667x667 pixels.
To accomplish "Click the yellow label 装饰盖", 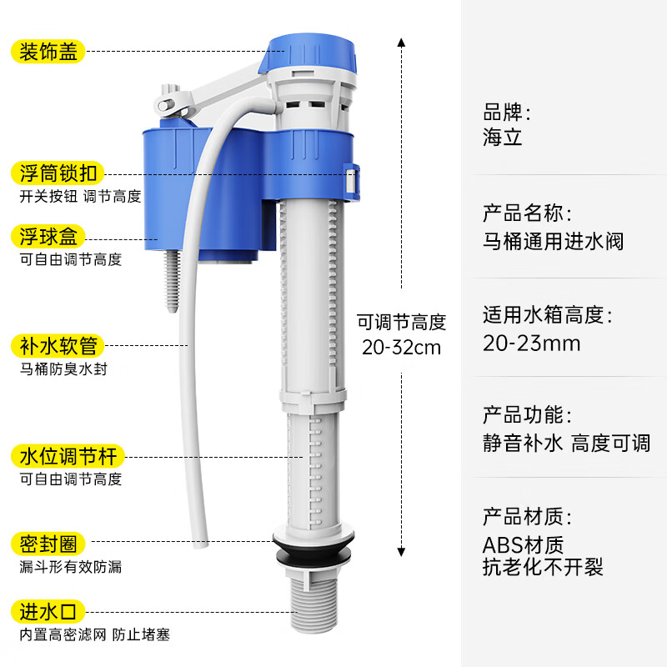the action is click(48, 52).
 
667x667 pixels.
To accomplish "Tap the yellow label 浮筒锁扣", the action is click(58, 173).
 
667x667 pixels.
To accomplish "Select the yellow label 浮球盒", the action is click(48, 237).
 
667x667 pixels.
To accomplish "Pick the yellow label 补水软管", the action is click(58, 346).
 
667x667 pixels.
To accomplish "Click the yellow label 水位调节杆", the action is click(68, 456).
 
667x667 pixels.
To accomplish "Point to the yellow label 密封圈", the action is click(48, 544).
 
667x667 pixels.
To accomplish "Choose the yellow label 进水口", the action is click(48, 612).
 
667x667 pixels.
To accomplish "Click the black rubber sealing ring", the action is click(314, 548).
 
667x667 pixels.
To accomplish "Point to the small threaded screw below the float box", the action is click(172, 281).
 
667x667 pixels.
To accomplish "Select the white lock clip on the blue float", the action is click(352, 182).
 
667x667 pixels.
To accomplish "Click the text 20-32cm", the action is click(401, 348).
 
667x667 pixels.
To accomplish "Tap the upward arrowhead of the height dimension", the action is click(401, 43).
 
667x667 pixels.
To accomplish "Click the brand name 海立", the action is click(502, 137).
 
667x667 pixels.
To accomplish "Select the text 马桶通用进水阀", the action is click(553, 242).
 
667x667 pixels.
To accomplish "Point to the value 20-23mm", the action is click(531, 344).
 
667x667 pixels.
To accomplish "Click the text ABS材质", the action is click(523, 545).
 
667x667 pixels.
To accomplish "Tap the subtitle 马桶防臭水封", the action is click(63, 369).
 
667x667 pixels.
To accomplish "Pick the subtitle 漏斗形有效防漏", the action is click(71, 567).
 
